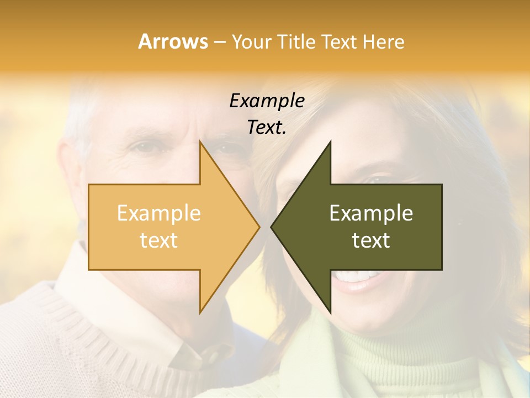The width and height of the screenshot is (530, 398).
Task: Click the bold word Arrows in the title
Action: pos(173,41)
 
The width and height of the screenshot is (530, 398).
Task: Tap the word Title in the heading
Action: pos(296,41)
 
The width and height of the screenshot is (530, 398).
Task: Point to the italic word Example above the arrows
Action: pos(267,101)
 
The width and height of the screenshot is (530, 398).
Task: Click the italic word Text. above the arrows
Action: pos(267,128)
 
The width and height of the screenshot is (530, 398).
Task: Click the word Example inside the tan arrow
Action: pos(158,213)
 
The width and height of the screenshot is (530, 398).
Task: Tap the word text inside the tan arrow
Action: pos(158,240)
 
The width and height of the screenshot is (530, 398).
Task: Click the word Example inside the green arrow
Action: pos(371,213)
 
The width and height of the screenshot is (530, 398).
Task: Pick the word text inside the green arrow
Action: pos(371,240)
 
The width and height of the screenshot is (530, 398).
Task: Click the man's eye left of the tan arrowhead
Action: pos(145,147)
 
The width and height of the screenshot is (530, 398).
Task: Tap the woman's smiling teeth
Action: pos(359,275)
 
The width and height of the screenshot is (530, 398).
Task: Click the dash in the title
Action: pos(219,42)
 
